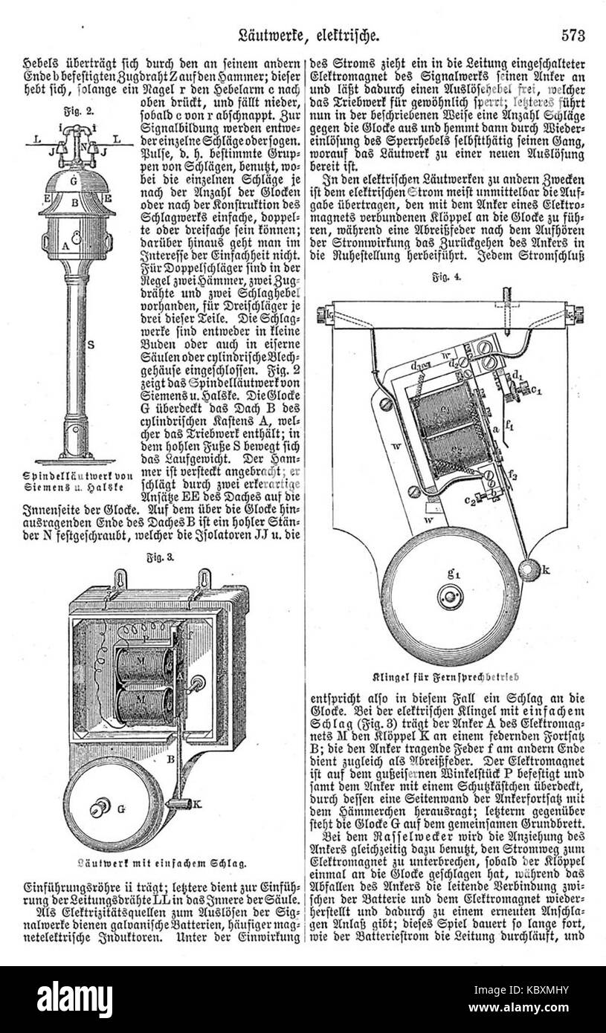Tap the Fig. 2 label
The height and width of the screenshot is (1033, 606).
[71, 112]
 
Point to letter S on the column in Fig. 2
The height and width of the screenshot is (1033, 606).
[89, 344]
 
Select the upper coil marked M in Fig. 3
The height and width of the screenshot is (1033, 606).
[141, 661]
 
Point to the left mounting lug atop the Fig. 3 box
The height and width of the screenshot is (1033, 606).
[118, 577]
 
